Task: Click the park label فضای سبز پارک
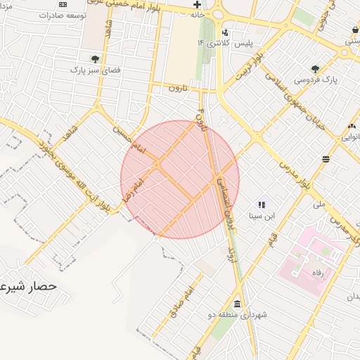click(94, 70)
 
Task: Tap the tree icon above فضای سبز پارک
click(94, 59)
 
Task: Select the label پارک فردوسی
click(315, 79)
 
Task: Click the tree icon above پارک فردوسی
click(316, 69)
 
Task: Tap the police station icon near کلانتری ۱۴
click(224, 32)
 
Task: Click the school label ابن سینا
click(260, 216)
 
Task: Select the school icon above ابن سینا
click(261, 205)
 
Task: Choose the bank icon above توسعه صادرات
click(63, 4)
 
